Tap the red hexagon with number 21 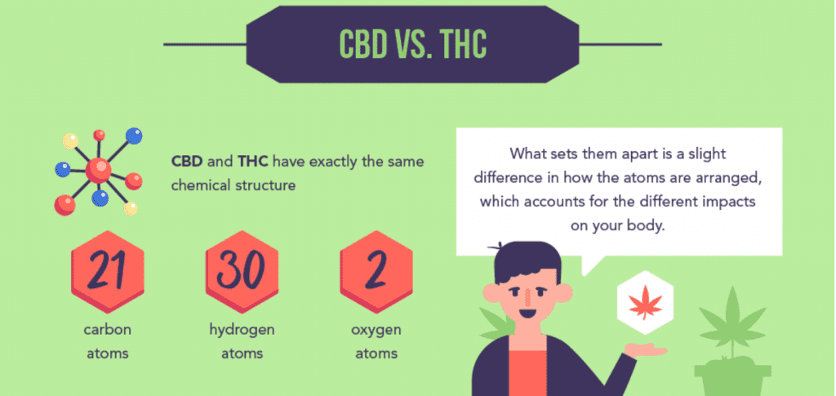(107, 274)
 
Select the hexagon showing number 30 (241, 274)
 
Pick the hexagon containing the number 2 (376, 274)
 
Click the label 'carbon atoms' (107, 341)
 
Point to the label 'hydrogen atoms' (241, 341)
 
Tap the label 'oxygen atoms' (376, 341)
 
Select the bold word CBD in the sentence (187, 161)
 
